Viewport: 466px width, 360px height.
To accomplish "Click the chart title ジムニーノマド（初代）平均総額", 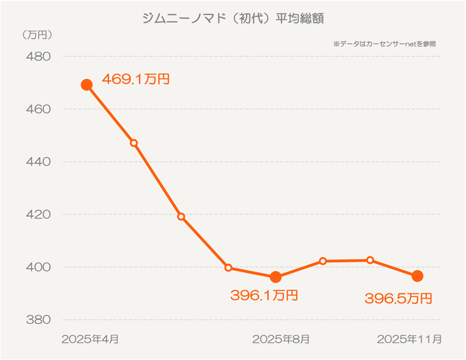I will (x=232, y=18).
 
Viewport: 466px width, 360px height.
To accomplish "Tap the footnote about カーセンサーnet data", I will (x=384, y=43).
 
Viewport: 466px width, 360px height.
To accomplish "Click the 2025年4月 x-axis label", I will (x=90, y=339).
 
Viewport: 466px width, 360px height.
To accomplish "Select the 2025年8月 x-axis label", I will (x=281, y=339).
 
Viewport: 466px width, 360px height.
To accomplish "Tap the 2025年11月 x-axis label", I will (x=409, y=339).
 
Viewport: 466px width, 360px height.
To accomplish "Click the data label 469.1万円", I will (x=136, y=80).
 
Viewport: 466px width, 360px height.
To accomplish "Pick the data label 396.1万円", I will (x=264, y=296).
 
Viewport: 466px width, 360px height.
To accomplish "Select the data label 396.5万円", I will (x=398, y=298).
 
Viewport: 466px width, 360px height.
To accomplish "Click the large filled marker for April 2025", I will (x=86, y=85).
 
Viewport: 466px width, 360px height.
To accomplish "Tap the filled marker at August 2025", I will (x=275, y=278).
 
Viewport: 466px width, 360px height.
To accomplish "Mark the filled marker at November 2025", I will (x=417, y=276).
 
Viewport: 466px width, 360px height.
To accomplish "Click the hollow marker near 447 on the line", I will (x=134, y=143).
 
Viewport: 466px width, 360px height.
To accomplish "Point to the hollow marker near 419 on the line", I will (x=181, y=217).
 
